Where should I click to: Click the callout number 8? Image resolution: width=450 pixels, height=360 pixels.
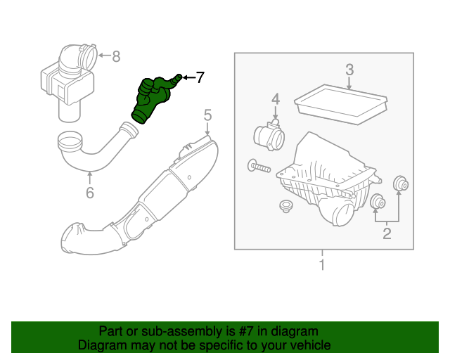[x=116, y=56]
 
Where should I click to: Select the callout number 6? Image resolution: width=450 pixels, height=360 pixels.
[x=89, y=192]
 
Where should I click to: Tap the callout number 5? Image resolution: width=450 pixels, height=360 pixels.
[x=207, y=115]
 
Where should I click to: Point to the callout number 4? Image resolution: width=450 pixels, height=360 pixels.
[x=276, y=98]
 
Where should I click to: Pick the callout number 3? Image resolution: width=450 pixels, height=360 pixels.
[x=349, y=69]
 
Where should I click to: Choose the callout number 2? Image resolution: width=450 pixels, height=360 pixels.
[x=387, y=233]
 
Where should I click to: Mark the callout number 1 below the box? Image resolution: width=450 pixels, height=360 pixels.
[x=322, y=265]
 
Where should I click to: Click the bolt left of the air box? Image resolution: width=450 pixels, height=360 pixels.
[x=258, y=167]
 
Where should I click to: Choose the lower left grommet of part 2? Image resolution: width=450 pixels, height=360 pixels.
[x=378, y=203]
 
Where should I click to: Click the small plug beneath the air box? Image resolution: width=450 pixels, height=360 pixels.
[x=285, y=206]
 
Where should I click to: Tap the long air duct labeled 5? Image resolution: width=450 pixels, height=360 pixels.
[x=141, y=200]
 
